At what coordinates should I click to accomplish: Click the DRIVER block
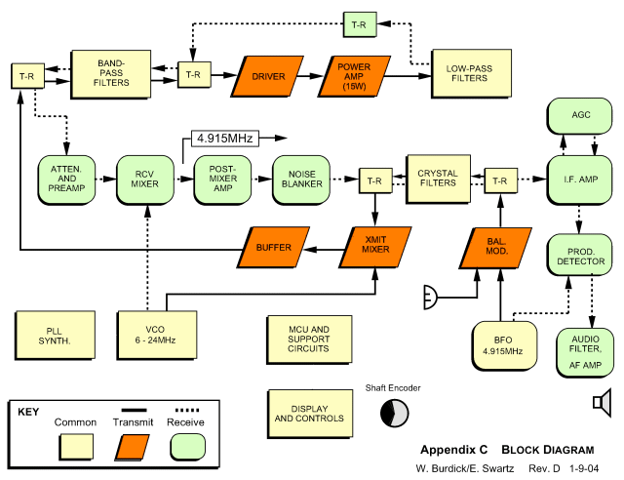tap(268, 75)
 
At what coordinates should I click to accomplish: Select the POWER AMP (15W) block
tap(354, 75)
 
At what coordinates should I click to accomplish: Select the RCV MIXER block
tap(145, 180)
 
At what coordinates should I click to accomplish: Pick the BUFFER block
tap(274, 248)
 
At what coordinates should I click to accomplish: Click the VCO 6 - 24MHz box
tap(145, 334)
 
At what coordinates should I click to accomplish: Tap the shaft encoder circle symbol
tap(394, 413)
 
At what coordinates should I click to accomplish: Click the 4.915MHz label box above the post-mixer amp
tap(223, 139)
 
